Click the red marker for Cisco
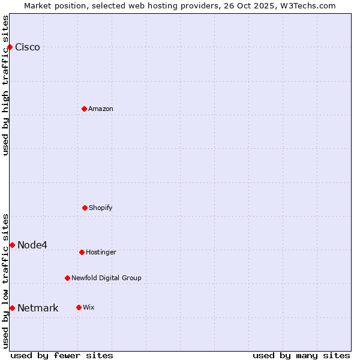[x=10, y=47]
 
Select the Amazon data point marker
[x=84, y=109]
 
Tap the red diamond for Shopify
[x=85, y=208]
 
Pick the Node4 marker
[x=12, y=245]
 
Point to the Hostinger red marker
[x=82, y=252]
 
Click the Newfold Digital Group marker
[x=67, y=278]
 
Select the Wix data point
[x=79, y=307]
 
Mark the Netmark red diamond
[x=12, y=308]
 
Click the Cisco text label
[x=28, y=47]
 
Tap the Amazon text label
[x=101, y=109]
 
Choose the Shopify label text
[x=101, y=208]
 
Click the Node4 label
[x=32, y=245]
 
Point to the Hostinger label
[x=101, y=252]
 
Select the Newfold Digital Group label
[x=106, y=278]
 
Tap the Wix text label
[x=89, y=307]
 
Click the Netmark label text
[x=38, y=308]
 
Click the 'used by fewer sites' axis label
[x=62, y=355]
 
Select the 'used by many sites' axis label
[x=301, y=355]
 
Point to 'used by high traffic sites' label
[x=5, y=85]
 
